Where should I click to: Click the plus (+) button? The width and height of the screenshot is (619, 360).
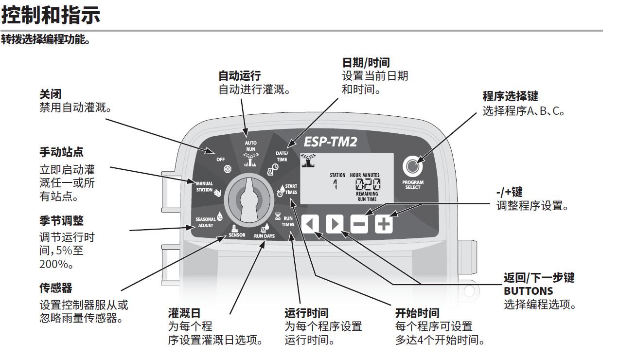(x=384, y=224)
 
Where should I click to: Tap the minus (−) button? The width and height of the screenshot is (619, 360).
(x=359, y=224)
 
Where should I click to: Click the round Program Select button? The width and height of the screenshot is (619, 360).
(x=412, y=166)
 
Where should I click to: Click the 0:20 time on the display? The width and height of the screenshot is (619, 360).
(x=368, y=184)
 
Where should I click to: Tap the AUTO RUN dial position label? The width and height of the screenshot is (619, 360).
(x=250, y=146)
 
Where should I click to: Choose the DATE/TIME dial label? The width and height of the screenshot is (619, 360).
(x=282, y=156)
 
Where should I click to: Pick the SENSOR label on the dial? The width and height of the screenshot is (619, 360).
(x=237, y=235)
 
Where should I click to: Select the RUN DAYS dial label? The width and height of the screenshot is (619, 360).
(x=265, y=236)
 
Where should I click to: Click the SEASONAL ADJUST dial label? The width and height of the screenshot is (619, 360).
(x=206, y=222)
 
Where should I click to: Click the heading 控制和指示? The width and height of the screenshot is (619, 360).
(x=51, y=15)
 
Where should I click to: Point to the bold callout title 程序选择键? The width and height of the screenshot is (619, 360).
(x=510, y=96)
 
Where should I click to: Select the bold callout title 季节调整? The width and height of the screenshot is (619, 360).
(x=61, y=220)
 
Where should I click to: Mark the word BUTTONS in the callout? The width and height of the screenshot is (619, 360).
(x=528, y=291)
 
